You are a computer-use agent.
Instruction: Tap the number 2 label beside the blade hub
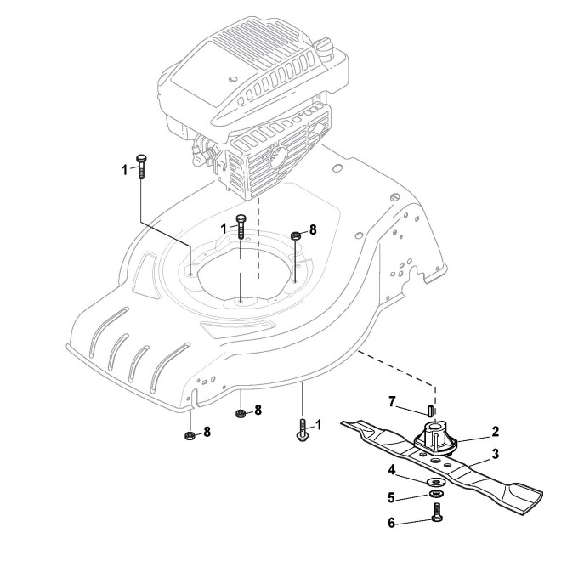(495, 432)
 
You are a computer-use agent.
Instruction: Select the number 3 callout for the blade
(495, 454)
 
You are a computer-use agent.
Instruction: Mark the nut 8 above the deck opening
(294, 235)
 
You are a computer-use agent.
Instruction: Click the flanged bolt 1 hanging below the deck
(303, 430)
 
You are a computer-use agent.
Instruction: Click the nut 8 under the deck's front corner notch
(189, 436)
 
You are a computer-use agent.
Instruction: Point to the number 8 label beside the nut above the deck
(313, 229)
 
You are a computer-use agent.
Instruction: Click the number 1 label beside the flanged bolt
(319, 424)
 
